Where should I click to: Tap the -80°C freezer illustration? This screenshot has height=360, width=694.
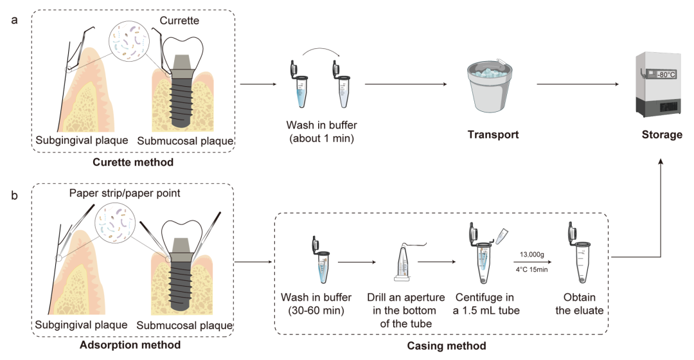coord(660,84)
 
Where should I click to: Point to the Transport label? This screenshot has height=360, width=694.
coord(494,135)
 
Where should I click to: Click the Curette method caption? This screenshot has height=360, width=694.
coord(132,162)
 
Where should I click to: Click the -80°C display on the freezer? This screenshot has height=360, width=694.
coord(665,75)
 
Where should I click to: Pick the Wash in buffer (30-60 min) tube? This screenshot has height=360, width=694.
coord(316,260)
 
